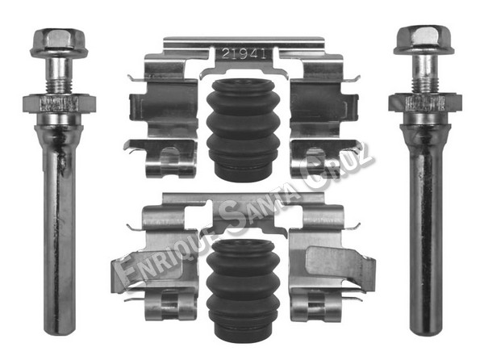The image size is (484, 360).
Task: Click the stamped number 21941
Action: pyautogui.click(x=244, y=54)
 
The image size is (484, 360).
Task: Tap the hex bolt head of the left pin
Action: pyautogui.click(x=59, y=43)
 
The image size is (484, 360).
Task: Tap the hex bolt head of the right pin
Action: pyautogui.click(x=424, y=40)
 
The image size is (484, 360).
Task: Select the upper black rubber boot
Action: pyautogui.click(x=243, y=130)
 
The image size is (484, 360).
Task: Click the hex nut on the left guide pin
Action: pyautogui.click(x=59, y=104)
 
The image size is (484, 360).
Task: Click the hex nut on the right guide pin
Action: pyautogui.click(x=425, y=103)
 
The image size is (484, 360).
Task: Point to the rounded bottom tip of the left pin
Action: pyautogui.click(x=59, y=331)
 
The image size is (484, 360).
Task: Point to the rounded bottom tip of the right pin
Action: pyautogui.click(x=426, y=330)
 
